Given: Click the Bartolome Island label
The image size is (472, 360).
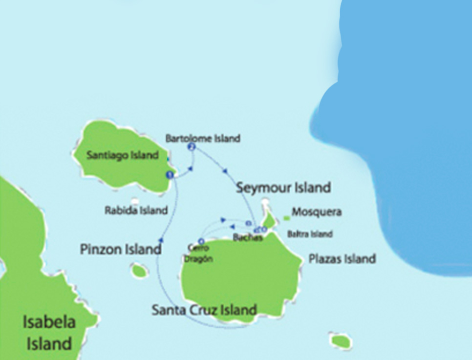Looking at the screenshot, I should [x=203, y=138].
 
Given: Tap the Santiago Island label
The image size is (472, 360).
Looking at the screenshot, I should [x=122, y=155].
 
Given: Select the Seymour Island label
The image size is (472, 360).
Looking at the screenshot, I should [x=283, y=188].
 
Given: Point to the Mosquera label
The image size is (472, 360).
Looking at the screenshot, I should [x=316, y=212].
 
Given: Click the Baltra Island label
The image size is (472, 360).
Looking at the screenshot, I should [x=310, y=234].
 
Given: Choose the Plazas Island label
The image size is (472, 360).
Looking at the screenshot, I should [x=342, y=258].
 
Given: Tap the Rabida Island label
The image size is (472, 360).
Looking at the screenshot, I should [x=136, y=211].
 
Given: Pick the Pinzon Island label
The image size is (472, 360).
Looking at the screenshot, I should [x=121, y=249].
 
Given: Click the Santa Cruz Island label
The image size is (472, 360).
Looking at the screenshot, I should [x=204, y=310].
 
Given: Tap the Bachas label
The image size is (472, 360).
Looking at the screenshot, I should [x=248, y=238].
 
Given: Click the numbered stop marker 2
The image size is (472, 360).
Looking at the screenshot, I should [x=192, y=147].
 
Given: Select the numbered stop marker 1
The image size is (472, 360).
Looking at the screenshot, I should [x=170, y=174].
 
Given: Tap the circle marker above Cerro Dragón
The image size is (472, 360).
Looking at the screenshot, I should [x=201, y=241].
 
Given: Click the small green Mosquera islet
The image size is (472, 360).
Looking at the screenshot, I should [x=287, y=218].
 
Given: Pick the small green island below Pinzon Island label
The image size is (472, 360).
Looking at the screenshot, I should [x=140, y=270].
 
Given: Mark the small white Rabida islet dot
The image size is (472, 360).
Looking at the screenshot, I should [x=135, y=200].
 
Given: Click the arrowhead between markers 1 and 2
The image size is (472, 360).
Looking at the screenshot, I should [x=191, y=169].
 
